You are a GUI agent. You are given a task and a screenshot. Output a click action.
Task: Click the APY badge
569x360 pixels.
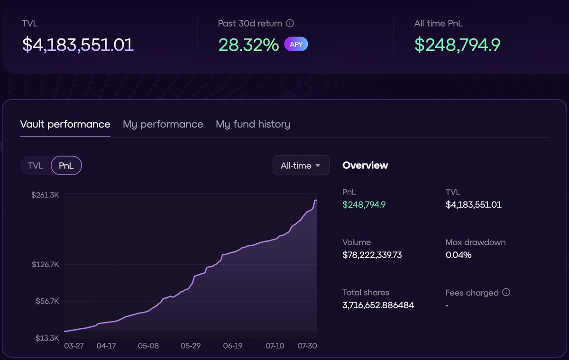(296, 45)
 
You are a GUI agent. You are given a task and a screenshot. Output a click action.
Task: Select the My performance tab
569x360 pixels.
(163, 124)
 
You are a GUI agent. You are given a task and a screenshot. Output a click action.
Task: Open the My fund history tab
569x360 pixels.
(253, 124)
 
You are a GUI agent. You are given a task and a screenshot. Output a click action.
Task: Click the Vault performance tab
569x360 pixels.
(65, 124)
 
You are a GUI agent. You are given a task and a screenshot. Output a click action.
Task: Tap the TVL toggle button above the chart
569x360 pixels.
(36, 166)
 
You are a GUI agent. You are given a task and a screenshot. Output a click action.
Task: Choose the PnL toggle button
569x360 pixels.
(66, 166)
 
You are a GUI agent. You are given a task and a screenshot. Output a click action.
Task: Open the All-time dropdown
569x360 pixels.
(301, 166)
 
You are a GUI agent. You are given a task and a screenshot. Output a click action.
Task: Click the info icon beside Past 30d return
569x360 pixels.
(290, 23)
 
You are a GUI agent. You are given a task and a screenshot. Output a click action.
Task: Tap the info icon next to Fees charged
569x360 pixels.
(506, 293)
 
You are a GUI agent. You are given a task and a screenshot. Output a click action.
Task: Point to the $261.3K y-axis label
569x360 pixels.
(46, 194)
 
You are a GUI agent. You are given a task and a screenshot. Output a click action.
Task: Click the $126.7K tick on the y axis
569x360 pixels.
(46, 264)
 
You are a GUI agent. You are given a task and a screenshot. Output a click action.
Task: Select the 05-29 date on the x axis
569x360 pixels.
(191, 346)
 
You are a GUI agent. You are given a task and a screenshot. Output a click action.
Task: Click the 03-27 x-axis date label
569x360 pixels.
(74, 346)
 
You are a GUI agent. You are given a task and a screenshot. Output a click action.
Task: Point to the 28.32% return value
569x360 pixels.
(248, 45)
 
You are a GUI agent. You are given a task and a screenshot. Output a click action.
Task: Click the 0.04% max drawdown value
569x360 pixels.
(459, 255)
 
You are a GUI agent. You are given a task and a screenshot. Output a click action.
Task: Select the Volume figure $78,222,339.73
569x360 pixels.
(372, 255)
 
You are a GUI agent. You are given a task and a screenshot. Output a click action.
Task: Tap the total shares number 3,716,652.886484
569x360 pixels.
(378, 305)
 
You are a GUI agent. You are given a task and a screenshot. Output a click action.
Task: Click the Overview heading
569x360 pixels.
(365, 166)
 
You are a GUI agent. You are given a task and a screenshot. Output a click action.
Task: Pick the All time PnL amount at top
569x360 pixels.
(458, 45)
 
